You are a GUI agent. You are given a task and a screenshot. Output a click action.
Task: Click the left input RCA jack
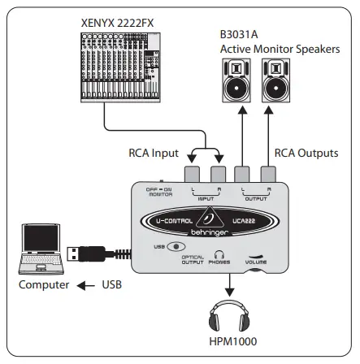tap(192, 173)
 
